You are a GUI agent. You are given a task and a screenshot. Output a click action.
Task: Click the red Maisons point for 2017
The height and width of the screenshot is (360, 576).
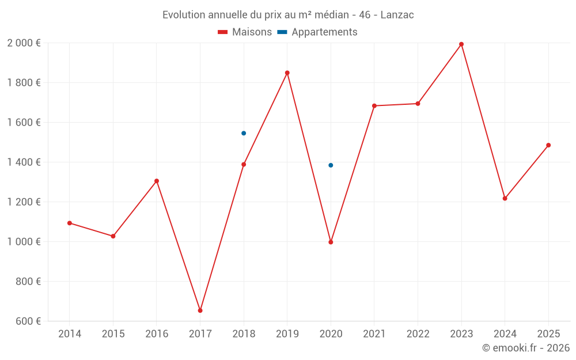click(x=200, y=310)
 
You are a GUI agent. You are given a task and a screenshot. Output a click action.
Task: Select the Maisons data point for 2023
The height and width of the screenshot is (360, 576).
click(x=461, y=44)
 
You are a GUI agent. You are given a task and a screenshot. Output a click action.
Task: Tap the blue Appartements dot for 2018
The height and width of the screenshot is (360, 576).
click(x=244, y=133)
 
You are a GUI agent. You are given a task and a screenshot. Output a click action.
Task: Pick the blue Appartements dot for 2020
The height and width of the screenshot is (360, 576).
click(x=331, y=165)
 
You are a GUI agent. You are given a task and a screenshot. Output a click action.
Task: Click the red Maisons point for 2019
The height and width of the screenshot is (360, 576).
click(x=287, y=73)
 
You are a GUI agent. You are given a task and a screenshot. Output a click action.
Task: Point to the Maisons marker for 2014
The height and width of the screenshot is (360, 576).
click(x=70, y=223)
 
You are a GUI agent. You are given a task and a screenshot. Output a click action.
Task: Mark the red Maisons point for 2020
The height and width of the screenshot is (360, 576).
click(x=331, y=242)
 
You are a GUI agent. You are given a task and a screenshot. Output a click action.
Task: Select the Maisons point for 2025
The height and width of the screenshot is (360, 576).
click(x=548, y=145)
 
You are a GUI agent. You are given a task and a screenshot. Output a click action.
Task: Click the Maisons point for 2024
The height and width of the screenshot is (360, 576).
click(x=505, y=198)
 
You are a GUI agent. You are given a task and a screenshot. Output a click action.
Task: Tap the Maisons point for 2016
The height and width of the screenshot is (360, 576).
click(x=157, y=181)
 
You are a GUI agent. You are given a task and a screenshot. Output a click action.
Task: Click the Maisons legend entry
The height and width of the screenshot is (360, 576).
click(x=245, y=32)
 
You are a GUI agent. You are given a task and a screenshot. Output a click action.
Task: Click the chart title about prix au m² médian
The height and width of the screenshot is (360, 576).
click(x=288, y=15)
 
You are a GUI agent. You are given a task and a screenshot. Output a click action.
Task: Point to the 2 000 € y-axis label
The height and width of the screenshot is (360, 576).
click(x=24, y=43)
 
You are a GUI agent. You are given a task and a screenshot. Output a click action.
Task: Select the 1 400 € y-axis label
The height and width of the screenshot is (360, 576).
click(x=24, y=162)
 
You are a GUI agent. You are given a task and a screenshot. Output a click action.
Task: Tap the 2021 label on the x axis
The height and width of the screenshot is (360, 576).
click(x=374, y=334)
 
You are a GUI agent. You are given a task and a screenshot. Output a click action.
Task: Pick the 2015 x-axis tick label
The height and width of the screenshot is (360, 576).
click(x=113, y=334)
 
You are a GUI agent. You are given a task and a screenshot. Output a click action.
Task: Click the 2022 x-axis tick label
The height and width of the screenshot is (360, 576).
click(x=418, y=334)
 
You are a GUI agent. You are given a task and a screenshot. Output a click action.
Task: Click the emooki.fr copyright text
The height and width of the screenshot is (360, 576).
click(x=525, y=348)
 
